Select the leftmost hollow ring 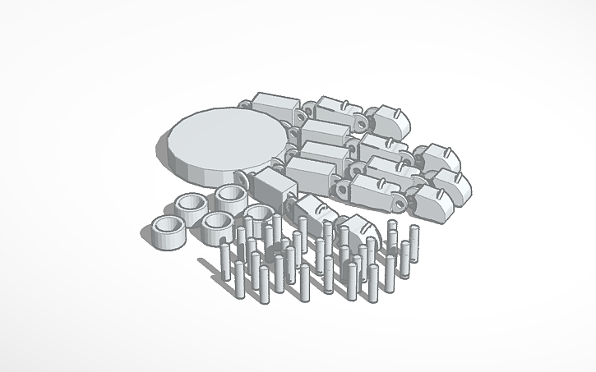170,232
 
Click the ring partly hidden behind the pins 257,216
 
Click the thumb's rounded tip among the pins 353,227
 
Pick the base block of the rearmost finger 273,108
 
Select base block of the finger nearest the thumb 311,173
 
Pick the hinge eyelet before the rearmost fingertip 363,123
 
